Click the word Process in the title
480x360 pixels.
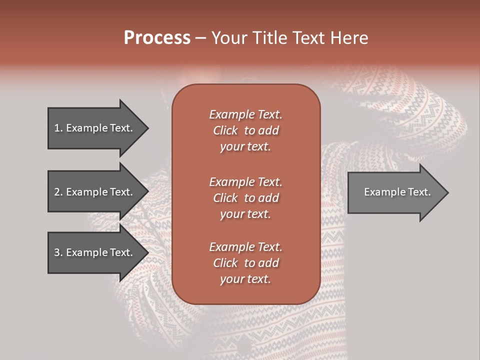[157, 38]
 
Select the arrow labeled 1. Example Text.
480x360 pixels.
[95, 128]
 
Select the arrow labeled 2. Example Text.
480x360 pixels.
[95, 192]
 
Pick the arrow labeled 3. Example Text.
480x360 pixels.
[95, 252]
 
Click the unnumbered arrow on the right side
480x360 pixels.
[395, 192]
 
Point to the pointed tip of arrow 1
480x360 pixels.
[147, 128]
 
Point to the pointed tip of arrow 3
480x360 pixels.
[147, 252]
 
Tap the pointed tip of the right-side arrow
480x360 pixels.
[448, 192]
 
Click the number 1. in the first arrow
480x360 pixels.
[58, 128]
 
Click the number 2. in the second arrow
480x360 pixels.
[58, 192]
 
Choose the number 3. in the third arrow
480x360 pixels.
[58, 252]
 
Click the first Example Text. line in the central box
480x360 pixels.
[245, 114]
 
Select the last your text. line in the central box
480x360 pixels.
[245, 279]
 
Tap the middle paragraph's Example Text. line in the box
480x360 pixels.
[245, 182]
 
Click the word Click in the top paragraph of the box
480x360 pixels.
[225, 130]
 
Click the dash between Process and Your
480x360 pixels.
[201, 38]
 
